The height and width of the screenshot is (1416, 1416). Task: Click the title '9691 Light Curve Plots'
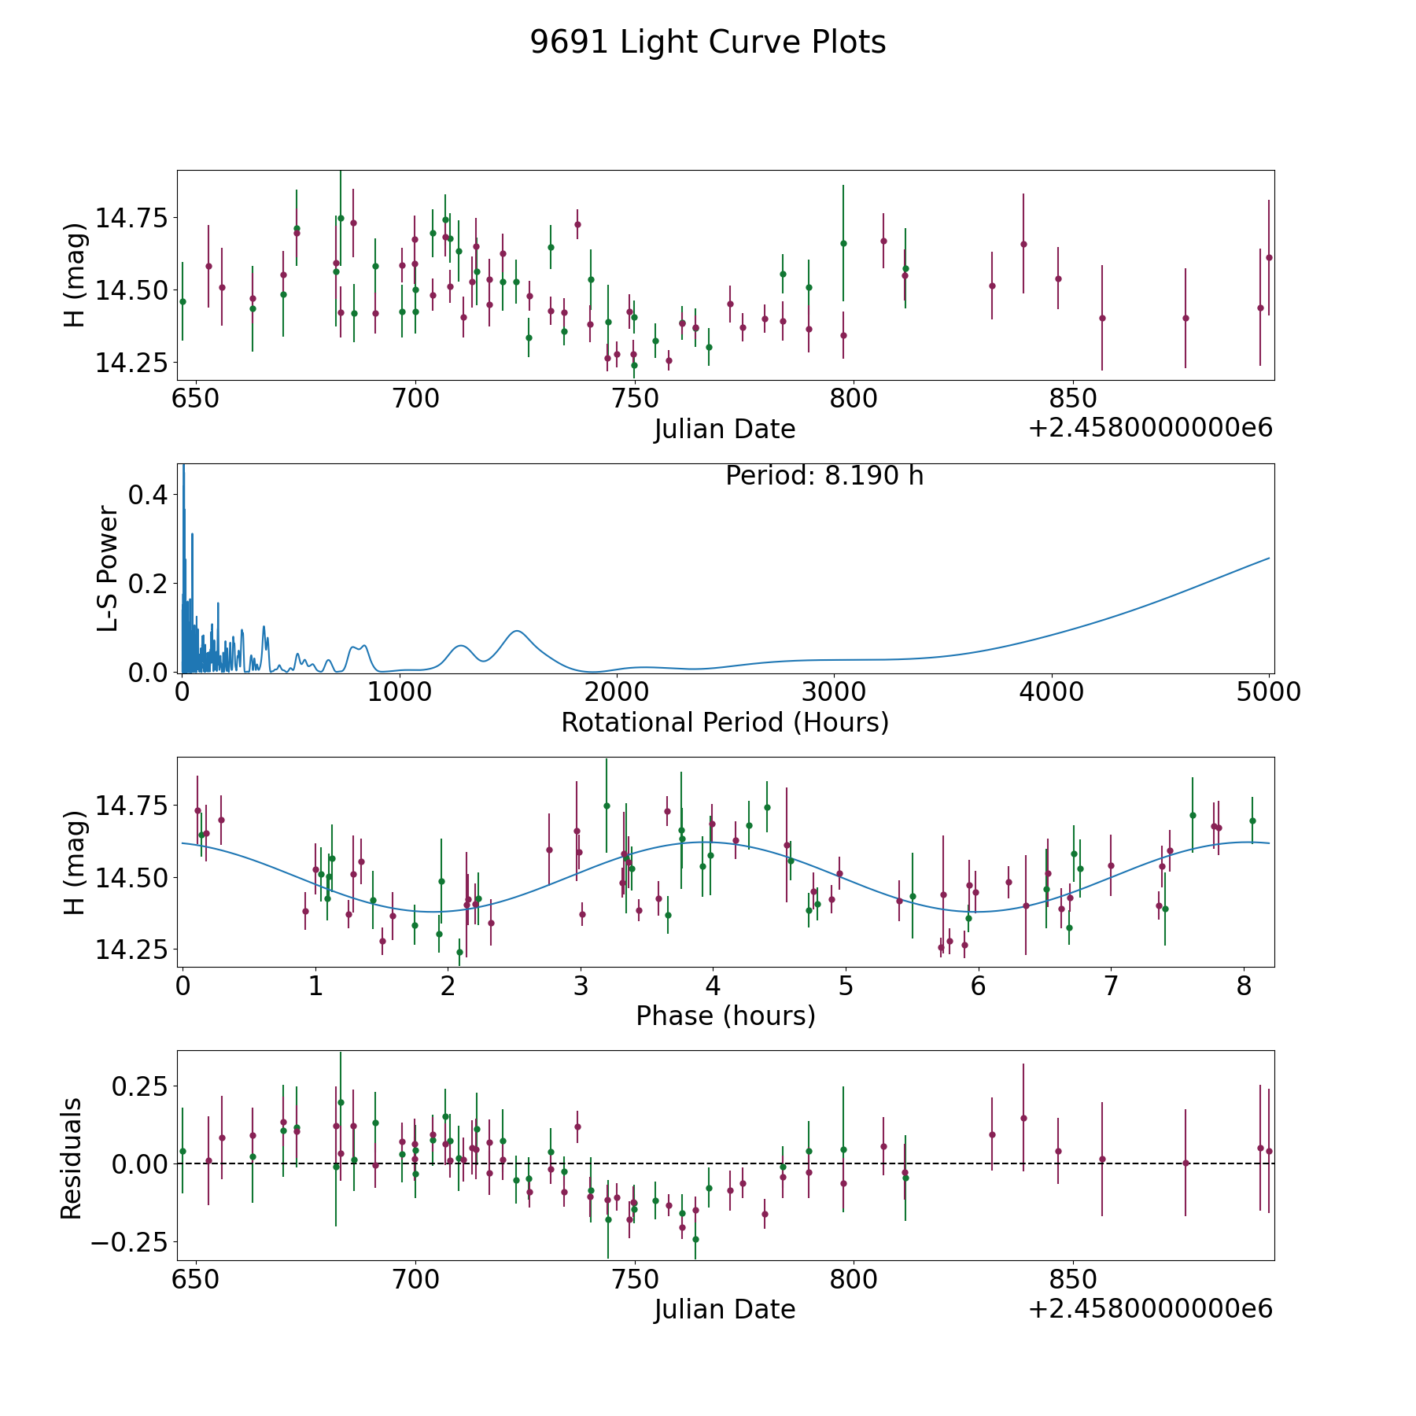pos(708,42)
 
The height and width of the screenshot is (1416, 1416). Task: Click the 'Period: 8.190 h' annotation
pos(824,476)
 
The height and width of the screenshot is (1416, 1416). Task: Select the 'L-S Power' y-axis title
pos(109,569)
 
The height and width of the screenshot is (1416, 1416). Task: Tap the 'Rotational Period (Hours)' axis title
pos(725,722)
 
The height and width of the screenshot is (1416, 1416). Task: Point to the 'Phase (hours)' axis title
pos(725,1016)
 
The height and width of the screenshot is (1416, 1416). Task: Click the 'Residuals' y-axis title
pos(72,1158)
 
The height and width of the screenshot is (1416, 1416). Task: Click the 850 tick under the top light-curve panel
pos(1074,399)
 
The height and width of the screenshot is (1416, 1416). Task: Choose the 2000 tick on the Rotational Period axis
pos(617,692)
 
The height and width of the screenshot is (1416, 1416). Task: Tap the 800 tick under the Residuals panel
pos(854,1279)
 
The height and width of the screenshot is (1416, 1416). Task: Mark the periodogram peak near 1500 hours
pos(516,631)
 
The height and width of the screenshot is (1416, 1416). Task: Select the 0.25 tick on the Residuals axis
pos(140,1086)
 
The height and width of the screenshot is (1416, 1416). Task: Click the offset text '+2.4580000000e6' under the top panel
pos(1150,428)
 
